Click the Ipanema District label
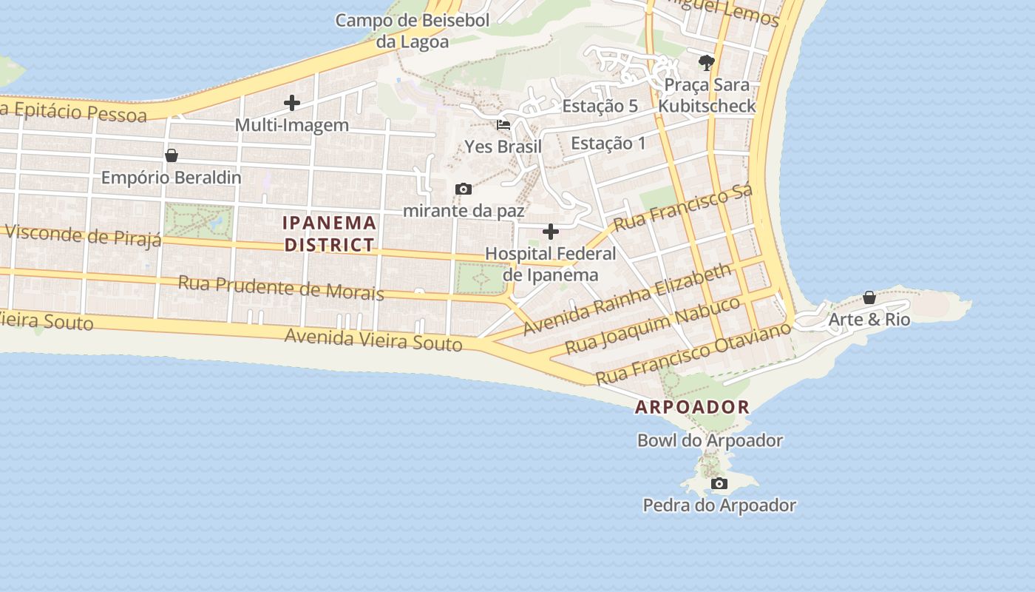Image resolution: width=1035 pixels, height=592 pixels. (330, 233)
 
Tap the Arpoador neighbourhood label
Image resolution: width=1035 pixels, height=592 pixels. (692, 407)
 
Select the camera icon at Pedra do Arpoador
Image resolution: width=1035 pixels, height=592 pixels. (719, 484)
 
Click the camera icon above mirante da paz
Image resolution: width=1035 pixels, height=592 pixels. (464, 189)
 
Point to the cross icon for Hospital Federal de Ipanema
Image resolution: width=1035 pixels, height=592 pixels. (551, 232)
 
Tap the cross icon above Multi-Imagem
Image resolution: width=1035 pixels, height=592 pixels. (292, 103)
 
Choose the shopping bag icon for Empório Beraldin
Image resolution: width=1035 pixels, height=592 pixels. (172, 155)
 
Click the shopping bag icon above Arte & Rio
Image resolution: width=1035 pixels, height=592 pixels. (869, 297)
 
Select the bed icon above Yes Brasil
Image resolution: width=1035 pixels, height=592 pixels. (503, 125)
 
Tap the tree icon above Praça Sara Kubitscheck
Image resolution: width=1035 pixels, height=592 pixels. (706, 62)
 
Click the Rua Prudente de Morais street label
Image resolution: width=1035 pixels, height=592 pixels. (281, 287)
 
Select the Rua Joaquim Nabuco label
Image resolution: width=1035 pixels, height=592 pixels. (653, 324)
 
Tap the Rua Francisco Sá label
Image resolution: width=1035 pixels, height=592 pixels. (683, 206)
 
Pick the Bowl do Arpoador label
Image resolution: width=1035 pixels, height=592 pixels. (710, 440)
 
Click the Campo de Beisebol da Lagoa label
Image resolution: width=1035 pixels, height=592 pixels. (413, 30)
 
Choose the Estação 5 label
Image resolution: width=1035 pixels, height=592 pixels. (600, 106)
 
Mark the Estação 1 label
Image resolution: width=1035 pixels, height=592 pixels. (608, 143)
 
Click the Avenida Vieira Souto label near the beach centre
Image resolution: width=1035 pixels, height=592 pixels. (373, 340)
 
